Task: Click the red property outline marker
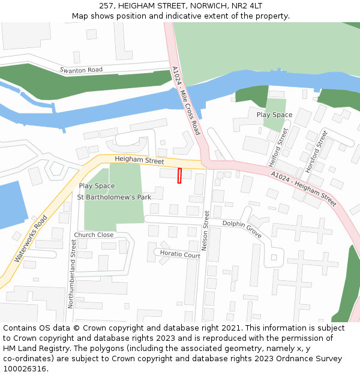coord(179,176)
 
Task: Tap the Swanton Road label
coord(81,70)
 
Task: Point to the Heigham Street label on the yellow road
coord(139,161)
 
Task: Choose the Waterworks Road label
coord(30,239)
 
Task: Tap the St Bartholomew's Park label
coord(114,197)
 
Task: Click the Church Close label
coord(94,235)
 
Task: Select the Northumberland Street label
coord(71,274)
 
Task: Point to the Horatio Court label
coord(180,254)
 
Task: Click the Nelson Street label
coord(206,230)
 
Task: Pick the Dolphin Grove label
coord(242,229)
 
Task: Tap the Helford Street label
coord(278,147)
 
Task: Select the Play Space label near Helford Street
coord(274,115)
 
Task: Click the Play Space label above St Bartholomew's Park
coord(97,186)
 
